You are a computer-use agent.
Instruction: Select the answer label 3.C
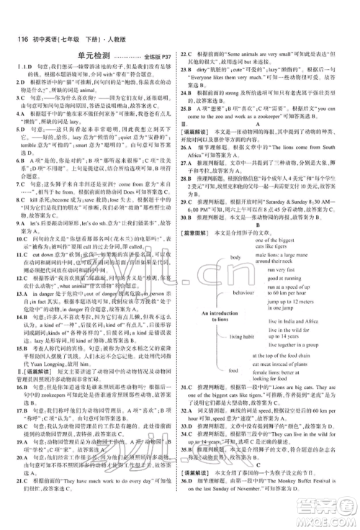[13, 98]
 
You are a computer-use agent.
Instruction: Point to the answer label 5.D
[13, 124]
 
